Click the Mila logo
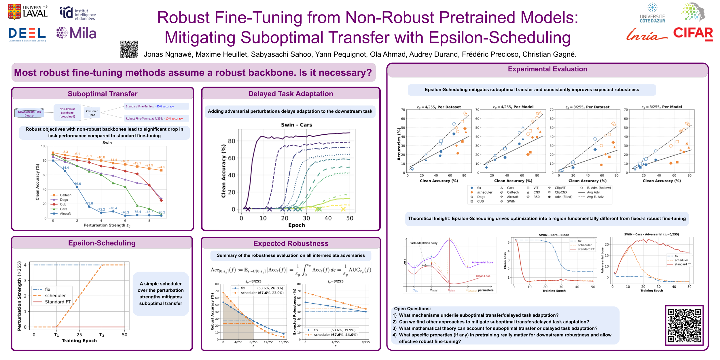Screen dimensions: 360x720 (x=77, y=33)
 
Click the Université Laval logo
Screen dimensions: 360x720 (x=28, y=12)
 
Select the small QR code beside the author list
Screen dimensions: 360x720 (x=129, y=49)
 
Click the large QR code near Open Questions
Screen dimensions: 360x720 (x=684, y=325)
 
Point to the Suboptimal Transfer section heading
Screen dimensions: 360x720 (x=103, y=94)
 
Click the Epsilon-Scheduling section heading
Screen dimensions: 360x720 (x=102, y=243)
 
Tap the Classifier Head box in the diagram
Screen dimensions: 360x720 (x=92, y=113)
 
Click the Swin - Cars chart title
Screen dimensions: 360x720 (x=296, y=125)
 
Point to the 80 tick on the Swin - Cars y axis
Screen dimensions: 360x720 (x=232, y=141)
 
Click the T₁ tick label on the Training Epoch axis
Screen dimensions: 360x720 (x=56, y=335)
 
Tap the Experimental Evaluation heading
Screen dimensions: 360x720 (x=547, y=69)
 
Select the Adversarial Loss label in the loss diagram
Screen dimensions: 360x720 (x=482, y=262)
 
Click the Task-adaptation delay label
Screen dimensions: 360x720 (x=423, y=243)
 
